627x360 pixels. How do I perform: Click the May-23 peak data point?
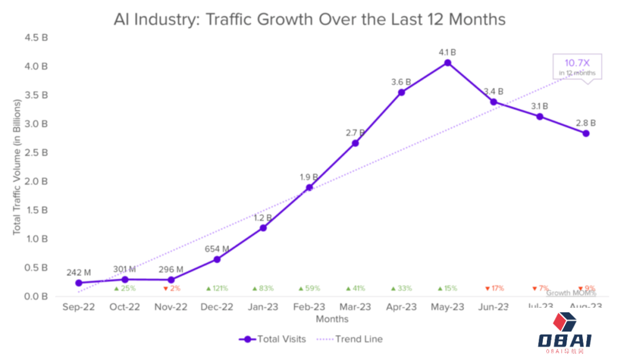(x=447, y=62)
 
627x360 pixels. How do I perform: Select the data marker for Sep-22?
(x=79, y=283)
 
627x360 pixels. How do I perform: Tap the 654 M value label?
(x=217, y=249)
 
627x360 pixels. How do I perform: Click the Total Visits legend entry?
(x=272, y=339)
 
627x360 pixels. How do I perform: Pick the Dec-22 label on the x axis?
(x=217, y=307)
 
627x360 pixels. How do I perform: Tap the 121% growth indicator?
(x=217, y=289)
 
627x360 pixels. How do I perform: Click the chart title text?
(x=310, y=19)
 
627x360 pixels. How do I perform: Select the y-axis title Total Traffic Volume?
(x=17, y=167)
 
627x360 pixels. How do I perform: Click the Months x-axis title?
(x=332, y=319)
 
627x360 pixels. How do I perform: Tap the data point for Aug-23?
(x=586, y=133)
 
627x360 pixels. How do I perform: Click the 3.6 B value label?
(x=401, y=82)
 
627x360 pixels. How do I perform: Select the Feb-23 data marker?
(x=309, y=187)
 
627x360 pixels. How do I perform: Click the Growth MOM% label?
(x=571, y=293)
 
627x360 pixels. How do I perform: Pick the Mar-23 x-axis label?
(x=355, y=307)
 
